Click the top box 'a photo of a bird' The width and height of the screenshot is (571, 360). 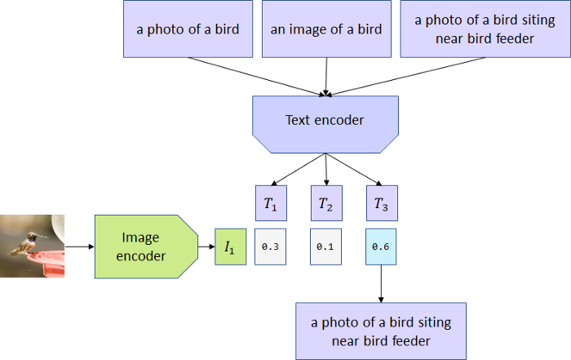pos(188,29)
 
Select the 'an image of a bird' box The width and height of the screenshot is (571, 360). pos(326,29)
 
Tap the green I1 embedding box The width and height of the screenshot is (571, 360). pos(228,247)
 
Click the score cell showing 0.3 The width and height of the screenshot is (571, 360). pos(271,247)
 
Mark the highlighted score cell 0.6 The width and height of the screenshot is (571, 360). pos(381,247)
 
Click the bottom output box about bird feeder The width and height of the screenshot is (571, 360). pos(381,331)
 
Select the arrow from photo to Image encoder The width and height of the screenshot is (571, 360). pos(79,246)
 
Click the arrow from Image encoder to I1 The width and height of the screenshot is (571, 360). pos(205,247)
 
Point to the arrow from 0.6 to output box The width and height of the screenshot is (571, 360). pos(381,283)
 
